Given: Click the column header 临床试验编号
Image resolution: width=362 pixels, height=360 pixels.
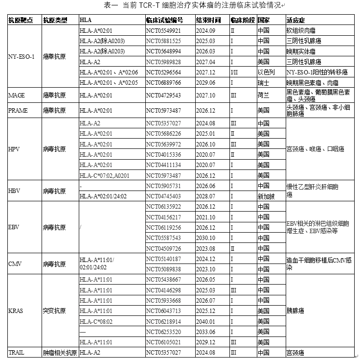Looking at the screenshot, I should click(x=164, y=21).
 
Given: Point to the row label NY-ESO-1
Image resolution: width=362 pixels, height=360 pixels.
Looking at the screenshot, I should click(x=22, y=56).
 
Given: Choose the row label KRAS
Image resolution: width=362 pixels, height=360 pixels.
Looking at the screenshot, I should click(x=16, y=311).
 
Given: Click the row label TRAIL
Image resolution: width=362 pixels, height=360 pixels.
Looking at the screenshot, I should click(x=17, y=352).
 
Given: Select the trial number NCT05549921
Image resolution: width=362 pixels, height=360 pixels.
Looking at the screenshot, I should click(x=163, y=30).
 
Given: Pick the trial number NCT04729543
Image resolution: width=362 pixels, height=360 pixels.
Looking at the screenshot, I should click(x=163, y=94).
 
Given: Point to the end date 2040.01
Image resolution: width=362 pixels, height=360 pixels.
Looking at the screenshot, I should click(x=205, y=321).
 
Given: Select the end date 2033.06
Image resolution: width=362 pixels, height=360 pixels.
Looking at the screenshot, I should click(x=205, y=332).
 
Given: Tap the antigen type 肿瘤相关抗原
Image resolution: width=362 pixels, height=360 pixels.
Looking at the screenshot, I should click(x=60, y=352).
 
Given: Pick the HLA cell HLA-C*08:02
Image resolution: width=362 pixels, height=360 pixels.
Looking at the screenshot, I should click(x=96, y=321).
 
